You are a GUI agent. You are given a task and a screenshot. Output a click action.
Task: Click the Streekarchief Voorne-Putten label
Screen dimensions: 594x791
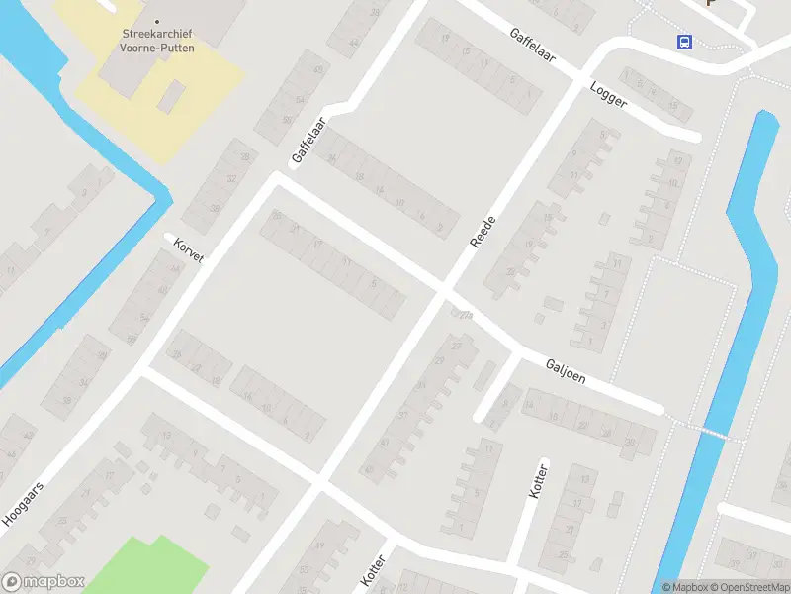coord(156,39)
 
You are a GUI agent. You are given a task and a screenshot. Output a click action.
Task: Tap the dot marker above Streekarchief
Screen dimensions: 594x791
coord(156,20)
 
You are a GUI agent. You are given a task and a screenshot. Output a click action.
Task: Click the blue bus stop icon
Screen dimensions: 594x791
coord(683,42)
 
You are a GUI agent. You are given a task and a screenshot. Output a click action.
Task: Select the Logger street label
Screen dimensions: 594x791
coord(608,99)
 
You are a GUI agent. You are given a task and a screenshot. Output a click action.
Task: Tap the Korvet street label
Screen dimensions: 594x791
coord(188,250)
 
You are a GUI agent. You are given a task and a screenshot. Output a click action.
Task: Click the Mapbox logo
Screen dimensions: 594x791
coord(44,582)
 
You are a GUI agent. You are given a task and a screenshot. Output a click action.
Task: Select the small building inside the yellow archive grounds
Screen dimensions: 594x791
coord(171,95)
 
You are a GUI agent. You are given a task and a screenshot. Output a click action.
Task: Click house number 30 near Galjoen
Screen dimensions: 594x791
coord(630,442)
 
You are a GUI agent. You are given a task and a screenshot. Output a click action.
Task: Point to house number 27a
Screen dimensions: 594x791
coord(462,315)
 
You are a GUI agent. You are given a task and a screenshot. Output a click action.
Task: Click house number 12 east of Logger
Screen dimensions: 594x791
coord(676,159)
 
